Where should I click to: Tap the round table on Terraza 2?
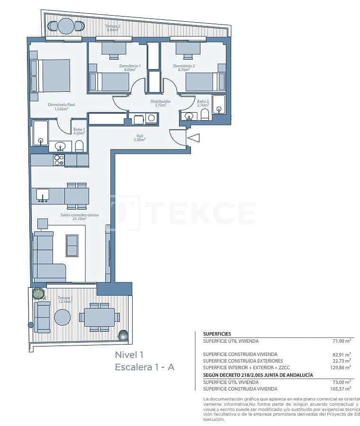[x=66, y=26]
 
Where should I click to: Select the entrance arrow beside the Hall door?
[x=194, y=138]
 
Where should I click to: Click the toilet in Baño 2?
[x=205, y=115]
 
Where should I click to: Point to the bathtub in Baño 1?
[x=40, y=133]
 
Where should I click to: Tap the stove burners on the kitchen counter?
[x=59, y=160]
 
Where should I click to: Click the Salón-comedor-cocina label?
[x=79, y=217]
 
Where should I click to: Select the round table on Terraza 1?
[x=62, y=317]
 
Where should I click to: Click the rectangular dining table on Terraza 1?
[x=99, y=317]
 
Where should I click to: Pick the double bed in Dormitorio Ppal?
[x=53, y=75]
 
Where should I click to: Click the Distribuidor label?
[x=161, y=103]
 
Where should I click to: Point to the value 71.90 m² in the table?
[x=341, y=340]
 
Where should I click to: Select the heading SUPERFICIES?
[x=217, y=334]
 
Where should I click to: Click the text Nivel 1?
[x=128, y=355]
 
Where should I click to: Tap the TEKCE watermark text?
[x=199, y=213]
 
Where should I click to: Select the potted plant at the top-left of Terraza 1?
[x=38, y=293]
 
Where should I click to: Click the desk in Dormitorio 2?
[x=188, y=48]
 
